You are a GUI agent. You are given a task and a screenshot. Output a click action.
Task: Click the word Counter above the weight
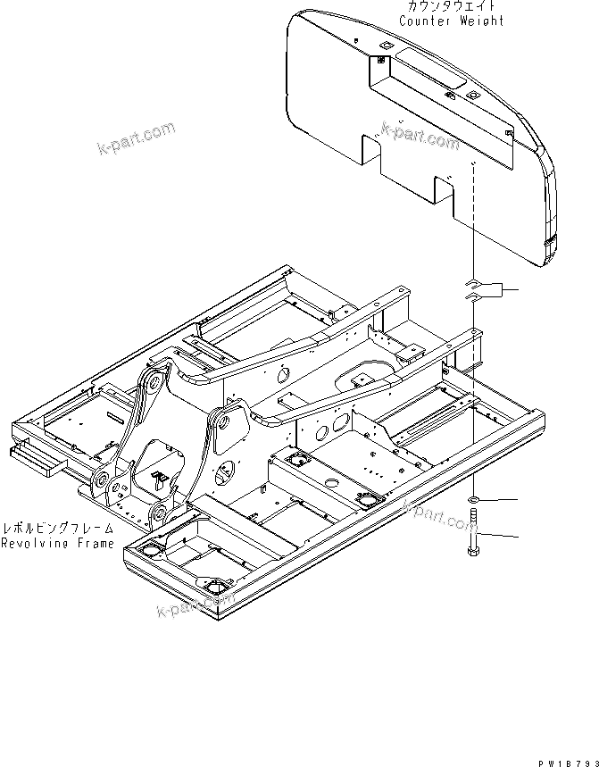click(426, 21)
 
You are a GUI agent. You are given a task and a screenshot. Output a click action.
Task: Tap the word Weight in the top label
click(482, 21)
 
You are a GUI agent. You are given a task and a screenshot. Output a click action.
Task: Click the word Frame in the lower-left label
click(96, 543)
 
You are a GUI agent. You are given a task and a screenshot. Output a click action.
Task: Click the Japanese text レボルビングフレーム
click(58, 529)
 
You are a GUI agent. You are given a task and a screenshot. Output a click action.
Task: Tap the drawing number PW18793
click(568, 761)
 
